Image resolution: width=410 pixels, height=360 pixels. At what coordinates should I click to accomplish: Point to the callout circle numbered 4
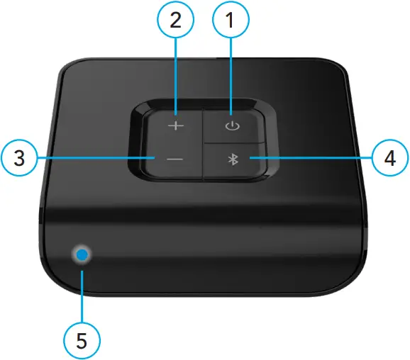click(389, 158)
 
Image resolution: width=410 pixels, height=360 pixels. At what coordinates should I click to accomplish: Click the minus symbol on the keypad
click(174, 159)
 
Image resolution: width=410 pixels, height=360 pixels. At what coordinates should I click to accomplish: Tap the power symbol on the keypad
click(229, 127)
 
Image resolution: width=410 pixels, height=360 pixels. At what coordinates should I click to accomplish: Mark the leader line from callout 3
click(92, 158)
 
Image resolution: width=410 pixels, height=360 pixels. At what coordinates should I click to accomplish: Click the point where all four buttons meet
click(204, 144)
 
